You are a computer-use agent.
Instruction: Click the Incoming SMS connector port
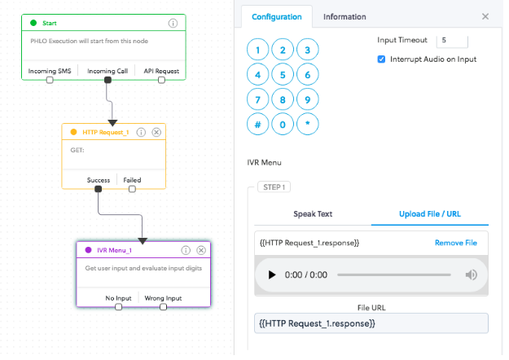click(50, 81)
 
